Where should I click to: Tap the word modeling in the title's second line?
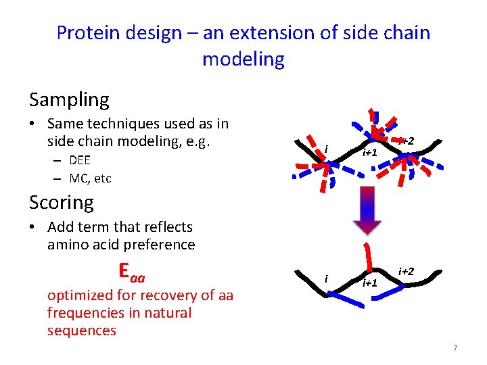[243, 59]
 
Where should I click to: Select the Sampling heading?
[69, 100]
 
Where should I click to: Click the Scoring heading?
[62, 202]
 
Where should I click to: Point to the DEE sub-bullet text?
[80, 160]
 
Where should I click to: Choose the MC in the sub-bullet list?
[78, 178]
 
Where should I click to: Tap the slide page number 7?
[455, 348]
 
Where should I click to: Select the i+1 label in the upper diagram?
[370, 153]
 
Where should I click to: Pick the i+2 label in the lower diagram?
[407, 271]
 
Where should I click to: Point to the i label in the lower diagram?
[326, 278]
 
